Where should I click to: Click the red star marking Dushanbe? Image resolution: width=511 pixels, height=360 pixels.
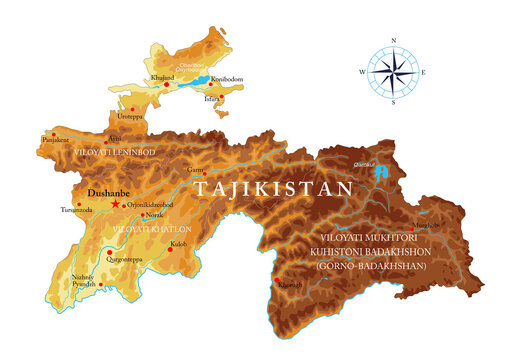[x=116, y=203]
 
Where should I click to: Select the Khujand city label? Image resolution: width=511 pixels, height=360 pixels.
[x=163, y=76]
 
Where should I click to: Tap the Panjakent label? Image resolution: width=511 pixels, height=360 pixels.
[x=56, y=141]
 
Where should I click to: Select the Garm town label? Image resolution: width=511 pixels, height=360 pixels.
[x=195, y=170]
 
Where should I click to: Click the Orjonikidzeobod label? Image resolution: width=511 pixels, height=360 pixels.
[x=153, y=203]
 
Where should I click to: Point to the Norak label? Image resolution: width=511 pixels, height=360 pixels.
[x=153, y=215]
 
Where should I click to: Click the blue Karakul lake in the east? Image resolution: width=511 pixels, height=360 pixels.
[x=379, y=173]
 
